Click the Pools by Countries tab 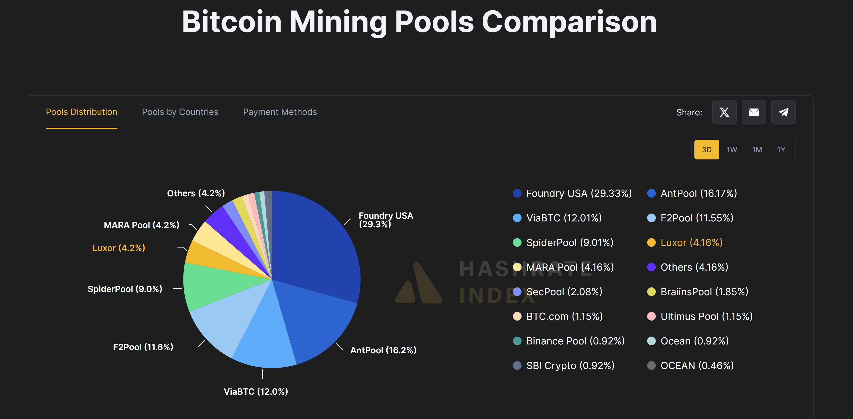[x=180, y=112]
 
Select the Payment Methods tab [x=280, y=112]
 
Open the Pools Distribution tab [x=82, y=112]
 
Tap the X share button [x=724, y=112]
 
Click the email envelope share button [x=754, y=112]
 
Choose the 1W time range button [x=731, y=150]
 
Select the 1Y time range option [x=781, y=150]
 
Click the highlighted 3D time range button [x=706, y=150]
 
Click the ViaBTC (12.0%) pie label [x=256, y=391]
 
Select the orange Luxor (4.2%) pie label [x=118, y=248]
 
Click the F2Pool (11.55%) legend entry [x=697, y=218]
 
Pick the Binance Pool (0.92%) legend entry [x=575, y=341]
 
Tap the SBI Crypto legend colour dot [x=517, y=365]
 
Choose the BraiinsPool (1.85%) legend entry [x=704, y=292]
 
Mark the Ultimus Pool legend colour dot [x=651, y=316]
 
